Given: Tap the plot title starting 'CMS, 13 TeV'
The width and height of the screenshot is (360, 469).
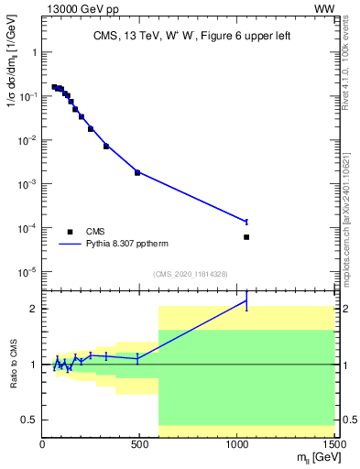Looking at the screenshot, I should (189, 37).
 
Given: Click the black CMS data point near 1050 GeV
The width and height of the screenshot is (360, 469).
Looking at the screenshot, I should (246, 237).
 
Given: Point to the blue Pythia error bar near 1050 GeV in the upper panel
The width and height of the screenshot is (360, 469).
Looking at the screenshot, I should (246, 222).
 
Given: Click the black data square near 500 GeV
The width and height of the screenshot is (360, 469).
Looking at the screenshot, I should (137, 172).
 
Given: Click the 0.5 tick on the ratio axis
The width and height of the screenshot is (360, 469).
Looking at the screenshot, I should (29, 420).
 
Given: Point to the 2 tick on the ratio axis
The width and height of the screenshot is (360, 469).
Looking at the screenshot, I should (34, 309).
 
